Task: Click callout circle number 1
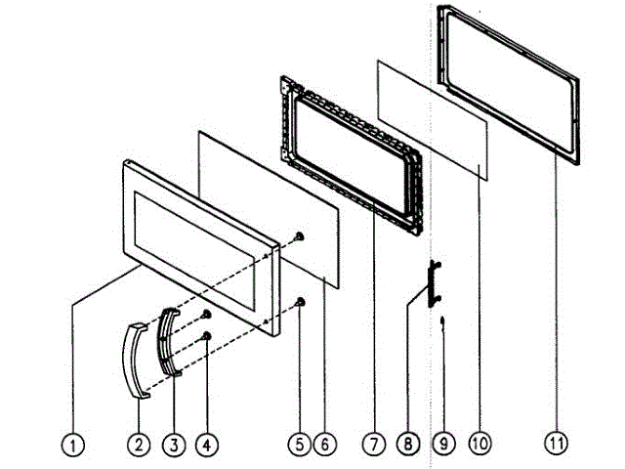(72, 445)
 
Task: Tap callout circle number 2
(140, 445)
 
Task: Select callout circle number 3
(172, 445)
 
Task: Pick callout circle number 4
(205, 445)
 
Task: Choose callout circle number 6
(327, 445)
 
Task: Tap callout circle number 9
(442, 445)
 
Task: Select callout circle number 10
(479, 445)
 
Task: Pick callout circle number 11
(555, 445)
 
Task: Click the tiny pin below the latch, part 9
(442, 321)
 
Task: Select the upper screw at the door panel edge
(300, 237)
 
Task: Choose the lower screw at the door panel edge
(300, 301)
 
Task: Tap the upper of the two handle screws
(207, 315)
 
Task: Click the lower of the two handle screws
(207, 337)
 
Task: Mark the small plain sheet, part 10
(430, 117)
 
